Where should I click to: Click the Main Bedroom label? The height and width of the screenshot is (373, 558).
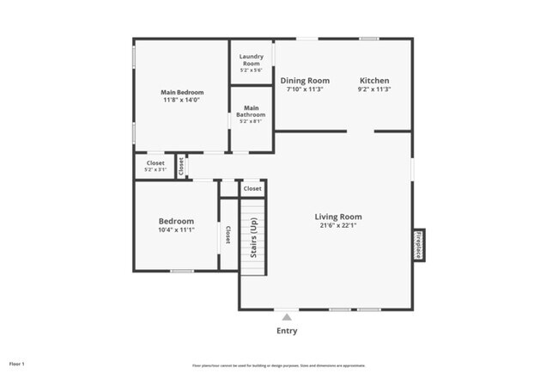click(x=180, y=91)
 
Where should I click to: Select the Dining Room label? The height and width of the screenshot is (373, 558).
click(x=306, y=81)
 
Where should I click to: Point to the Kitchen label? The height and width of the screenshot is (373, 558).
click(x=374, y=81)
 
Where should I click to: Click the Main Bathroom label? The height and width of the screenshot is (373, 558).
click(x=251, y=111)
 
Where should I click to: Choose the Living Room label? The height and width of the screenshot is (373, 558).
click(x=337, y=217)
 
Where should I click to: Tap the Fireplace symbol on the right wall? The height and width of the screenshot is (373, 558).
click(x=419, y=244)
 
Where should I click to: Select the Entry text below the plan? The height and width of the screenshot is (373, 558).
click(x=287, y=330)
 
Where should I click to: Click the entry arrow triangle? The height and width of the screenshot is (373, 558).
click(x=287, y=316)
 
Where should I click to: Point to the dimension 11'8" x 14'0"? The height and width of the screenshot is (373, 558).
click(x=180, y=101)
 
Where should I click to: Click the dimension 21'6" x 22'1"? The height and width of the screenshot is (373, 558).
click(x=337, y=227)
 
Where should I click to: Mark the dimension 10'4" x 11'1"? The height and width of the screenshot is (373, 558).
click(x=176, y=230)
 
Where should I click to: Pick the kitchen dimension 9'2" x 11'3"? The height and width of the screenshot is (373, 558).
click(x=374, y=90)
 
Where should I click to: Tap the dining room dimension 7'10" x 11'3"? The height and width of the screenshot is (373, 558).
click(x=306, y=90)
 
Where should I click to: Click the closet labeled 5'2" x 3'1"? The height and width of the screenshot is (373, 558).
click(x=155, y=166)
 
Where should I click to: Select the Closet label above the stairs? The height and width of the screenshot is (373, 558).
click(x=252, y=188)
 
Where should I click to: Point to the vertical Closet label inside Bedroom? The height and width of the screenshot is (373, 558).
click(x=228, y=234)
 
